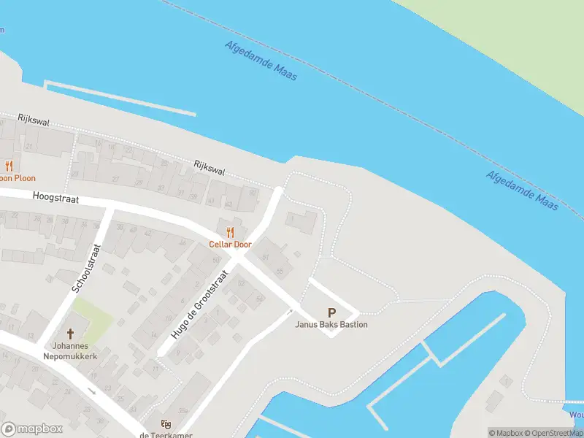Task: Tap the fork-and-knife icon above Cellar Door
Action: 231,233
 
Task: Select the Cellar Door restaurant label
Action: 230,245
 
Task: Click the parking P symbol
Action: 332,312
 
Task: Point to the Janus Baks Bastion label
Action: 331,325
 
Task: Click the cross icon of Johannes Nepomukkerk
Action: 71,330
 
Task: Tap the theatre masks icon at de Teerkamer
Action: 165,423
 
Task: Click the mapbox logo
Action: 31,429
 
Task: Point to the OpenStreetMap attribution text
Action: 551,433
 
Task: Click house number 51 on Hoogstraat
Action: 265,258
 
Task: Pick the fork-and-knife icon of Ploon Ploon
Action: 9,166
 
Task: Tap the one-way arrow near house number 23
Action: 91,391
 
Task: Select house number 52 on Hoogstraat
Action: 242,283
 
